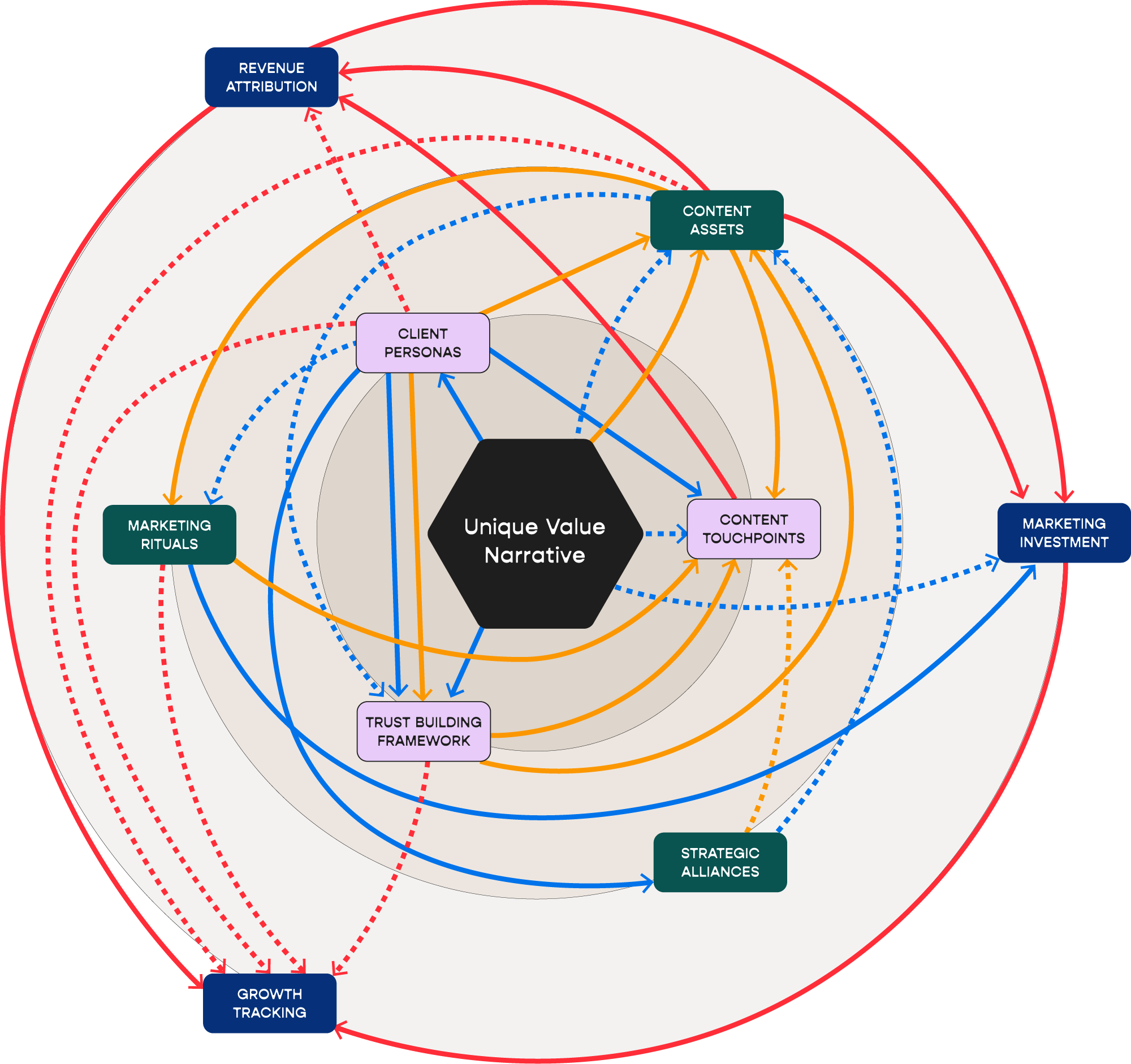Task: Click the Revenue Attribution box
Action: (x=271, y=77)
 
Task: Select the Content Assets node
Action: (x=716, y=220)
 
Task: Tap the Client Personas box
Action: (x=422, y=343)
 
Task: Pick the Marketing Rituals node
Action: (x=169, y=535)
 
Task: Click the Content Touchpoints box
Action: (x=753, y=529)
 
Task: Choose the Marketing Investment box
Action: (x=1063, y=533)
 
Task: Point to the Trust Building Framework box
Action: (x=423, y=732)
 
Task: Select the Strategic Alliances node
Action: (x=720, y=862)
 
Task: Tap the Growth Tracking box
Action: (x=269, y=1003)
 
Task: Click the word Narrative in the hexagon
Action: (x=535, y=555)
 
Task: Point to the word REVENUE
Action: (x=271, y=68)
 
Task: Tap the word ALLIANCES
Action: (x=720, y=872)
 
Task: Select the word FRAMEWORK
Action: (x=423, y=741)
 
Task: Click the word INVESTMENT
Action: (x=1063, y=543)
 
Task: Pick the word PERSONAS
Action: (x=422, y=353)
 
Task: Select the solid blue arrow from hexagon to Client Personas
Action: (x=461, y=406)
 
